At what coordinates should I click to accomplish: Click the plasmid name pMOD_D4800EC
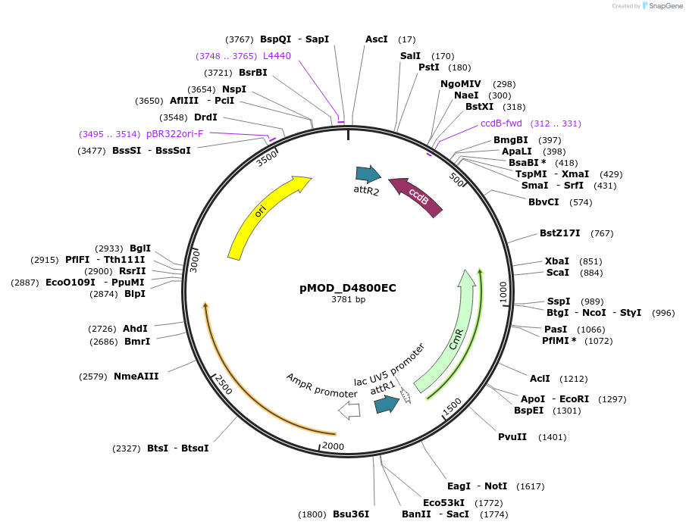click(x=348, y=288)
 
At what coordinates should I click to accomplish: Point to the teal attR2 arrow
click(x=368, y=174)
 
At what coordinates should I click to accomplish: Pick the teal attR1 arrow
click(x=387, y=405)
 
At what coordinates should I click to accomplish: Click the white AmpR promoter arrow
click(x=349, y=410)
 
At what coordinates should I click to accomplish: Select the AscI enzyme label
click(x=376, y=39)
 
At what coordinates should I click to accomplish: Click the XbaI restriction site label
click(x=557, y=261)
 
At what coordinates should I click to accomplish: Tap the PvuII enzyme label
click(x=512, y=437)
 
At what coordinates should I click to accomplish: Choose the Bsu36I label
click(x=351, y=514)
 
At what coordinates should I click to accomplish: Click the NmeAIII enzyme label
click(x=136, y=376)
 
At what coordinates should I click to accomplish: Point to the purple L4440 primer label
click(x=277, y=56)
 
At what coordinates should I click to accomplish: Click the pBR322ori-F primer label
click(x=175, y=134)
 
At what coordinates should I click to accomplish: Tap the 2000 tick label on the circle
click(x=334, y=446)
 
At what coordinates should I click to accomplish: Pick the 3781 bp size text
click(x=348, y=300)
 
